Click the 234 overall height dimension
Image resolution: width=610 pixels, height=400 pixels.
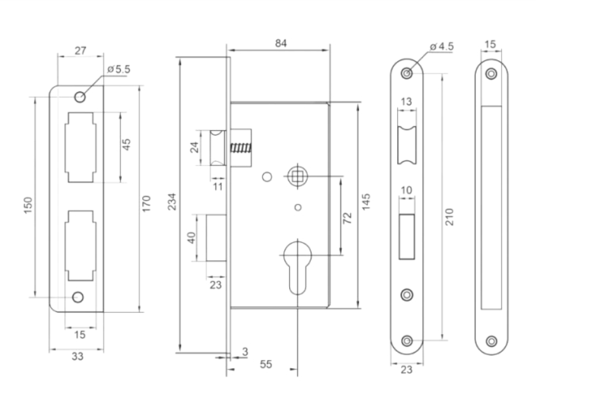pos(172,201)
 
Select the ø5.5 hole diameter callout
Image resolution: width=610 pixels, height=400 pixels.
pos(119,70)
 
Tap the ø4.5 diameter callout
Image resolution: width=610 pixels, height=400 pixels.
pos(442,46)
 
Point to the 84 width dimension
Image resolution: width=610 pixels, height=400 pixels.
pos(281,43)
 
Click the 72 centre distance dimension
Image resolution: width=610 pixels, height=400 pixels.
pos(347,218)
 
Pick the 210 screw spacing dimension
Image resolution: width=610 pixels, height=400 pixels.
pos(449,217)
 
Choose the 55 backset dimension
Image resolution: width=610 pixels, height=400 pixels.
pos(266,364)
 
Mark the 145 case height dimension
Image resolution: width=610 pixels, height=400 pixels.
pos(366,202)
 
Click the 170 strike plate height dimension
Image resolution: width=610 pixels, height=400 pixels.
pos(146,204)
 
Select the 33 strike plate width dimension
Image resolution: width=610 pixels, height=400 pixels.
pos(78,356)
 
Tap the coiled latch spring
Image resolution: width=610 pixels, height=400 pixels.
pos(241,148)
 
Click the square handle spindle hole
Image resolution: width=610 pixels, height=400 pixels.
pos(297,176)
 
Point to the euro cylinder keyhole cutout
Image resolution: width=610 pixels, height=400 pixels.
pos(297,268)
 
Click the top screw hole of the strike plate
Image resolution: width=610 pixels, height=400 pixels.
pos(80,97)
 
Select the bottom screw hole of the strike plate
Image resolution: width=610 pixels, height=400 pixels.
pos(78,297)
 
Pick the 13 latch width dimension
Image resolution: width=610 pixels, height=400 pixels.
pos(406,102)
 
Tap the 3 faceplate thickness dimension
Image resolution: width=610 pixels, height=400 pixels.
pos(245,352)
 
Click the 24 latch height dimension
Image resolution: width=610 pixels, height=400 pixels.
pos(194,147)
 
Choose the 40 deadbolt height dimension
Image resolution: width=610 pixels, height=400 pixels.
pos(191,237)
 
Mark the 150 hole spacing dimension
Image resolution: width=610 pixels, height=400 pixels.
pos(28,205)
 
